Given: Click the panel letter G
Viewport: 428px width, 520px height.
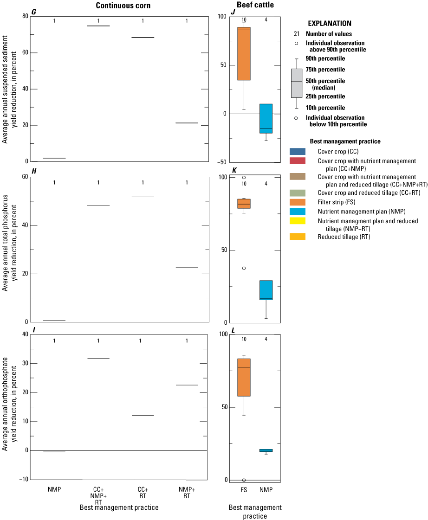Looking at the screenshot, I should pyautogui.click(x=33, y=12).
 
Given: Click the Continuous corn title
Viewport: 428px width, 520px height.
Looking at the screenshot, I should pyautogui.click(x=123, y=6).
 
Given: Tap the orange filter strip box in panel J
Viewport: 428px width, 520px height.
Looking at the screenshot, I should pyautogui.click(x=244, y=53).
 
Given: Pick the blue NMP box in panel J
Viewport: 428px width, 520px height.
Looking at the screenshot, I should pyautogui.click(x=266, y=118).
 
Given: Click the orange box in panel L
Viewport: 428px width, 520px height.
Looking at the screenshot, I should pyautogui.click(x=244, y=377).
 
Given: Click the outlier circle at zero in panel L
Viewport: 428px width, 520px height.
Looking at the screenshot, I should pyautogui.click(x=244, y=480).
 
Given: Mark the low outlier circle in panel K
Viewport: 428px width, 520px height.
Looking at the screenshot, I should pyautogui.click(x=244, y=268).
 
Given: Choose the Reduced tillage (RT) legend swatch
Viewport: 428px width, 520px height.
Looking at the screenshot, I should pyautogui.click(x=298, y=237).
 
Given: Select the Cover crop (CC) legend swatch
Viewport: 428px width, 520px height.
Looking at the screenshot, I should pyautogui.click(x=298, y=151).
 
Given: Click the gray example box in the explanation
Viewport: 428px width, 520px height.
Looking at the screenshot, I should pyautogui.click(x=297, y=83).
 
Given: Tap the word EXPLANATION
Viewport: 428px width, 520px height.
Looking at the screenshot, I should pyautogui.click(x=330, y=23).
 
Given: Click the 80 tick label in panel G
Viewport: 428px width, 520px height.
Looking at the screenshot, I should pyautogui.click(x=21, y=16).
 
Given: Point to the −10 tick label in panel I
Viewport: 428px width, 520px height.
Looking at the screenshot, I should pyautogui.click(x=19, y=480).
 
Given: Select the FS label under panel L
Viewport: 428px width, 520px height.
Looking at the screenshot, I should pyautogui.click(x=244, y=490).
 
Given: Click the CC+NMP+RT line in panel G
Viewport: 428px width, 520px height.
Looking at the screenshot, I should pyautogui.click(x=98, y=26).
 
